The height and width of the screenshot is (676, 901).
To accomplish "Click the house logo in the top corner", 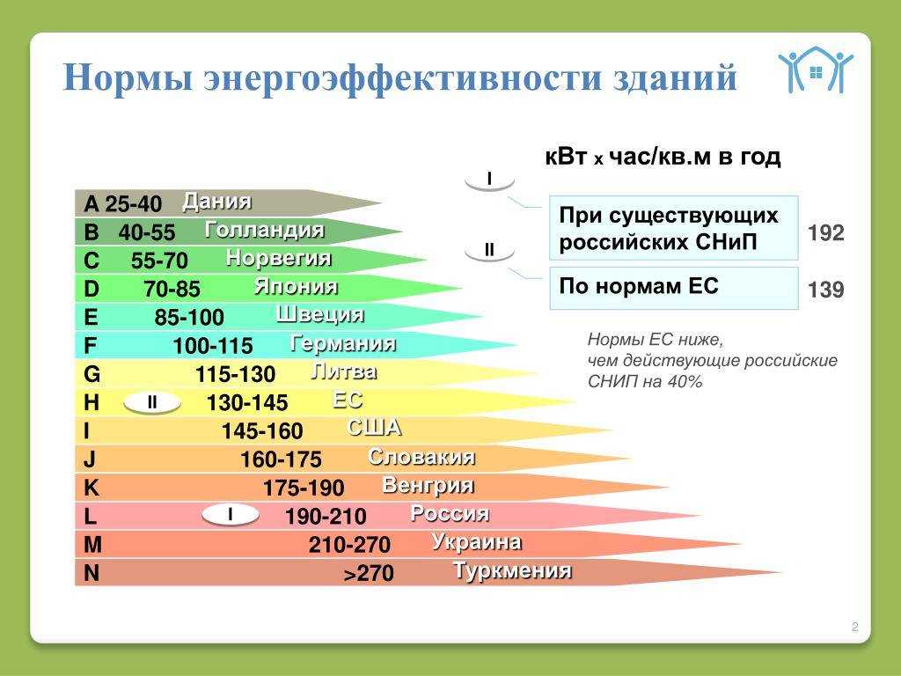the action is (816, 69).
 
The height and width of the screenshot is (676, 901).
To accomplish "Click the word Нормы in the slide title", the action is (128, 77).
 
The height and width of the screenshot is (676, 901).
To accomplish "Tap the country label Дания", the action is (216, 202).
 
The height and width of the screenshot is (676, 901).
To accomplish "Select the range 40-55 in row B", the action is (147, 231).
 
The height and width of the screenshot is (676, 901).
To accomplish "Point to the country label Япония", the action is (296, 286).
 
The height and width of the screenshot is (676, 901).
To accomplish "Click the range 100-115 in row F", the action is (213, 345).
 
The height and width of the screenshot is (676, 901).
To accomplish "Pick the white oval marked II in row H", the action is (152, 402).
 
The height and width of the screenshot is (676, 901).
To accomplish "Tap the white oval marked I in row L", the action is (230, 514).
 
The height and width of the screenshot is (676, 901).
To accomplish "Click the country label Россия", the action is (450, 513).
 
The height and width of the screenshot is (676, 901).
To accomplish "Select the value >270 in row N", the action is (369, 573).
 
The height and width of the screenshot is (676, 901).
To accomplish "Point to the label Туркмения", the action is (513, 570).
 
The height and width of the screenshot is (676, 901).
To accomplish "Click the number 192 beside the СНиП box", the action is (825, 232).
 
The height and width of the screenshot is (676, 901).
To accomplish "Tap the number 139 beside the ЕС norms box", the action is (825, 289).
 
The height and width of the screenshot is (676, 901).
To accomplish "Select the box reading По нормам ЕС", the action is (674, 288).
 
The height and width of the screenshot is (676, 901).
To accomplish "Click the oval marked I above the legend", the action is (489, 180).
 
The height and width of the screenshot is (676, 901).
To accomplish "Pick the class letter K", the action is (92, 488).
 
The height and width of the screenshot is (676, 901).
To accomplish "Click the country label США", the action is (374, 428).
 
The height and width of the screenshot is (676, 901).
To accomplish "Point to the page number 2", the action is (855, 627).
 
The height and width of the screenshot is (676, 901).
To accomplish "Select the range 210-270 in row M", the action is (349, 544).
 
